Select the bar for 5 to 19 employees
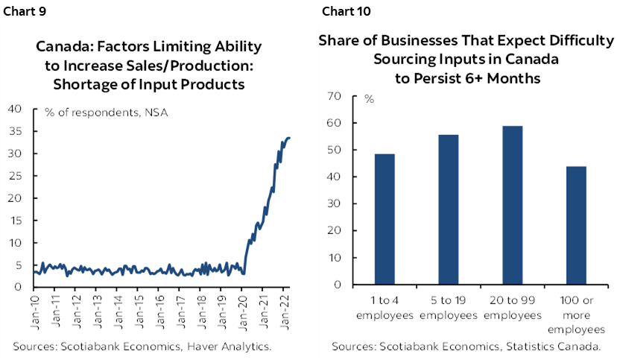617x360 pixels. (x=448, y=209)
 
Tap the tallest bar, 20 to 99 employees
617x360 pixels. (x=512, y=205)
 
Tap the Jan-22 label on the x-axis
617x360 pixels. (x=285, y=312)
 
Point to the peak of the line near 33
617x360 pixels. (x=289, y=138)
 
